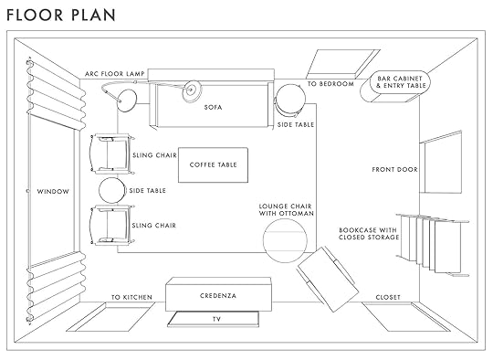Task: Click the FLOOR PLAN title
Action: (x=61, y=15)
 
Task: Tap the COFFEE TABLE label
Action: (x=213, y=164)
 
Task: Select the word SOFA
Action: (x=213, y=107)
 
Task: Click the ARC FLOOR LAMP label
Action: (x=115, y=74)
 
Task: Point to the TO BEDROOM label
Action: (x=330, y=84)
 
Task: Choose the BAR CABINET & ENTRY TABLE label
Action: (x=401, y=82)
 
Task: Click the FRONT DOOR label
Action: (x=395, y=170)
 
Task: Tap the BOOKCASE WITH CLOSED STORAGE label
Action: (x=369, y=234)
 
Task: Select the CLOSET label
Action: (x=388, y=297)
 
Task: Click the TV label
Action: (x=216, y=319)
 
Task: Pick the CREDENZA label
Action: (x=218, y=296)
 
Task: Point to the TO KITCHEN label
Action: (x=131, y=297)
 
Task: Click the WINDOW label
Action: (x=53, y=191)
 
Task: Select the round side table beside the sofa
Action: (x=290, y=99)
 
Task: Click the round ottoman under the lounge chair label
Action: (x=285, y=240)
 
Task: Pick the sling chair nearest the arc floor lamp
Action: (x=112, y=154)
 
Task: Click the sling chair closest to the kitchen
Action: (x=112, y=226)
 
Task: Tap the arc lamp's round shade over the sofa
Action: (x=192, y=90)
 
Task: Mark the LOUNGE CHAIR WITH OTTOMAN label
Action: (x=286, y=210)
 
